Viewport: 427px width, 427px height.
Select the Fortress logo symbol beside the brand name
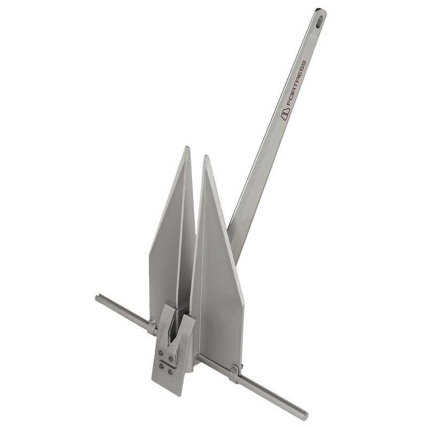(x=285, y=114)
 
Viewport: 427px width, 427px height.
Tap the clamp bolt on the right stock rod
(x=234, y=368)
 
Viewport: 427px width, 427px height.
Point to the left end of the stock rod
(x=98, y=298)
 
